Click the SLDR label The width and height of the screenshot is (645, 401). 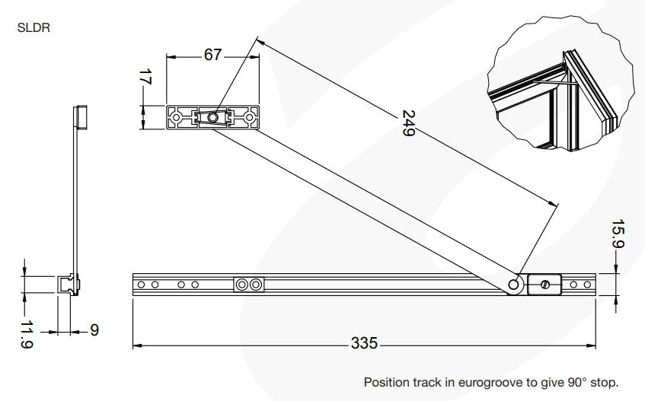click(34, 27)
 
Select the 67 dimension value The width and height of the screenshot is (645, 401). click(212, 55)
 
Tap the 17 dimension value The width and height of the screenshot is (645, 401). click(145, 77)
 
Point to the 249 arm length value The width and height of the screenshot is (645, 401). click(408, 123)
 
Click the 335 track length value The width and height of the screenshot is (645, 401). click(364, 343)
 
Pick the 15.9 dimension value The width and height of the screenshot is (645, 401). click(618, 234)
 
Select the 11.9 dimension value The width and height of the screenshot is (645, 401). click(27, 335)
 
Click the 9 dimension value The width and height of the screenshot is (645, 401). click(94, 330)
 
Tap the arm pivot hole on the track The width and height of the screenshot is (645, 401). click(513, 285)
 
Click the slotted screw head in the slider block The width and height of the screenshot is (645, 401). click(544, 285)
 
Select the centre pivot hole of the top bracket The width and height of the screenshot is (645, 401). click(212, 117)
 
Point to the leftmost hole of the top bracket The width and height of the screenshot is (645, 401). click(176, 117)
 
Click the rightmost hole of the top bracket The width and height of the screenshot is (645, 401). click(249, 117)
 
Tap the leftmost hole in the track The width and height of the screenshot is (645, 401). click(141, 285)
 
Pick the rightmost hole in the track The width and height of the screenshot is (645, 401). click(587, 285)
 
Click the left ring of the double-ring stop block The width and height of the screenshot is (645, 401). click(242, 285)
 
